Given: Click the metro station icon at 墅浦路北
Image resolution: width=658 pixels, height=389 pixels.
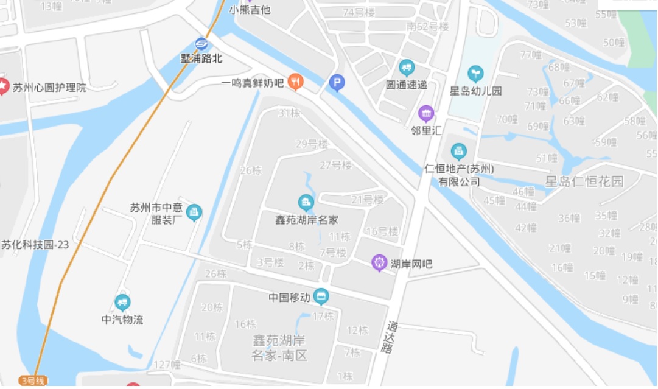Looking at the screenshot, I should coord(201,44).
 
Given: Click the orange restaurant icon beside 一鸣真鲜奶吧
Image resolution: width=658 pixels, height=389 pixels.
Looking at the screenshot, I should coord(295,81).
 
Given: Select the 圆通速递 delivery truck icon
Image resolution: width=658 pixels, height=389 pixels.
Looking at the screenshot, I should coord(407,68).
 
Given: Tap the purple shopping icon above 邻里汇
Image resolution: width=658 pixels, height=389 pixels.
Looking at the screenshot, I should coord(426,113).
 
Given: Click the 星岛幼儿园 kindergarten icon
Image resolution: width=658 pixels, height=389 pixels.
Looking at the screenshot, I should coord(475,74).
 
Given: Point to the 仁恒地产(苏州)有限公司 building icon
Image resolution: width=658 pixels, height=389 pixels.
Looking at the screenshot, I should coord(458,151).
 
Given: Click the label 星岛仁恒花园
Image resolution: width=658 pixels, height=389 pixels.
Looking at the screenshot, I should coord(584,181).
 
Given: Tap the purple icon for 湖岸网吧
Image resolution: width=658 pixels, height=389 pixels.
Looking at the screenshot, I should coord(380,263).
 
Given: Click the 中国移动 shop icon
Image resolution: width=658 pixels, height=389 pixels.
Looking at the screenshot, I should coord(321,297).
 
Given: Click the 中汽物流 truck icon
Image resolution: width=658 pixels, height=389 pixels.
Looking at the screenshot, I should coord(123,303).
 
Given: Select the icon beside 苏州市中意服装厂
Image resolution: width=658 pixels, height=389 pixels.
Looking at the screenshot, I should coord(194,212).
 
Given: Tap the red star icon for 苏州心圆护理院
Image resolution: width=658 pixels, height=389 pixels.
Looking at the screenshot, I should coord(4,86).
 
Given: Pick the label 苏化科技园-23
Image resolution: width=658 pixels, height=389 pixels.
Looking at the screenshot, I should coord(35,245).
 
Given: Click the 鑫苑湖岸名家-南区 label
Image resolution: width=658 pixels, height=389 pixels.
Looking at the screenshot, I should coord(280,348).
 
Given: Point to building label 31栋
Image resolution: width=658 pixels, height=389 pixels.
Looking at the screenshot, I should coord(289,113).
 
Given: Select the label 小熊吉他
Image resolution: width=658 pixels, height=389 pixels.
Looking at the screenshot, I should coord(250,10).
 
